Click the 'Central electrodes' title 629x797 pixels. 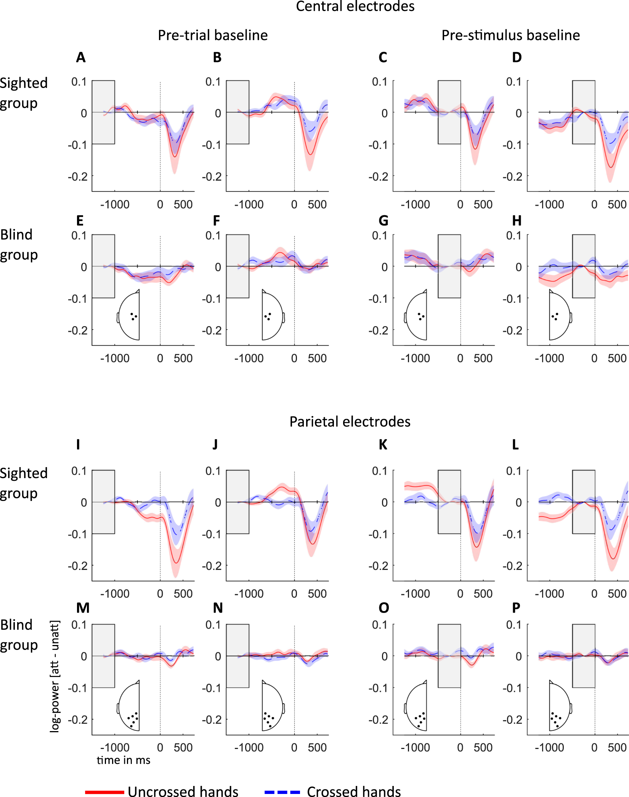355,6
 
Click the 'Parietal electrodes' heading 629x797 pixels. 350,422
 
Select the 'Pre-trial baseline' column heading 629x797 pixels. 213,35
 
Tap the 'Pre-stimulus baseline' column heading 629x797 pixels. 510,35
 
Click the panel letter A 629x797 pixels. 80,58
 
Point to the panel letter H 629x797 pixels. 517,221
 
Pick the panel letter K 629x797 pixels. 383,445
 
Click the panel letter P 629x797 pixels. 516,608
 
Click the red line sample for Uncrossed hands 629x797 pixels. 104,792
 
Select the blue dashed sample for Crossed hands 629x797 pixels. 282,792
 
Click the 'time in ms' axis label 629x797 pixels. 124,760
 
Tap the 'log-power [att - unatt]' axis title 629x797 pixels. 55,676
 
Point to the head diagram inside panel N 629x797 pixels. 272,706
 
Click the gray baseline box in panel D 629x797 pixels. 583,112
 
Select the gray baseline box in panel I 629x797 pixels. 103,502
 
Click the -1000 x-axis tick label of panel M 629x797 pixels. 115,747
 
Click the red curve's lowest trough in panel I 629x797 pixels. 176,563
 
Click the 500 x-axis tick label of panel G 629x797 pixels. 483,358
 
